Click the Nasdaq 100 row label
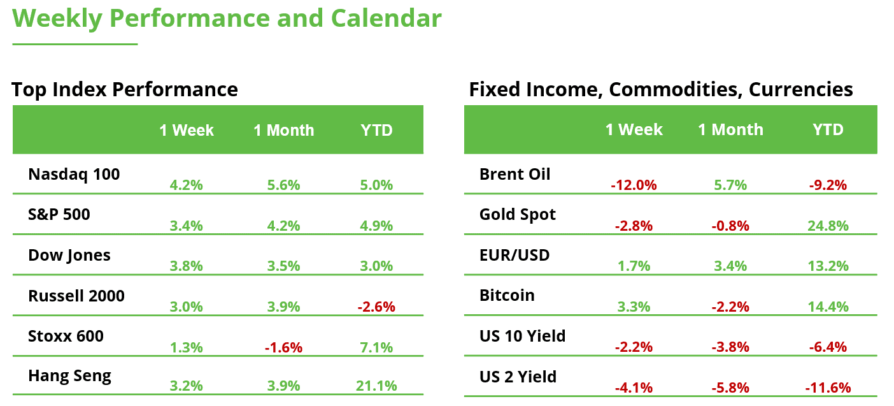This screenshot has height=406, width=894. click(74, 175)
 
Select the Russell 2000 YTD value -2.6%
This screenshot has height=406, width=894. click(376, 307)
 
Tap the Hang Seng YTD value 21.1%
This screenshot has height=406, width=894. click(376, 386)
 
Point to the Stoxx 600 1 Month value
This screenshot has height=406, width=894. click(283, 347)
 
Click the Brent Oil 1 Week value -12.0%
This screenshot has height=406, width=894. click(634, 185)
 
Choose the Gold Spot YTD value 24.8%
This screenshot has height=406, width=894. click(828, 226)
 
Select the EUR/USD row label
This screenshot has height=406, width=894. click(514, 256)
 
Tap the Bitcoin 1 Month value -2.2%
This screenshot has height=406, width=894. click(730, 307)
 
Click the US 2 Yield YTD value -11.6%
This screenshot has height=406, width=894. click(828, 388)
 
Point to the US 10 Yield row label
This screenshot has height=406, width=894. click(522, 336)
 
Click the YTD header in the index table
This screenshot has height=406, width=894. click(376, 130)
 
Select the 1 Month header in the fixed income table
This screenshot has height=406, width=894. click(730, 129)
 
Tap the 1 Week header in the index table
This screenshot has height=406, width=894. click(187, 130)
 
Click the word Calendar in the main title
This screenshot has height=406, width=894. click(387, 18)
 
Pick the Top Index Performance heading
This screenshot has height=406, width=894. click(125, 89)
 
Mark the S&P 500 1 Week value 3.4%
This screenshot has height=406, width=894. click(187, 226)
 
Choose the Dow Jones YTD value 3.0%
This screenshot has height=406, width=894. click(376, 266)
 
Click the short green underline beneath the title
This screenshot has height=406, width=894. click(75, 44)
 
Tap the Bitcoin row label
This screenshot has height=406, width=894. click(507, 295)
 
